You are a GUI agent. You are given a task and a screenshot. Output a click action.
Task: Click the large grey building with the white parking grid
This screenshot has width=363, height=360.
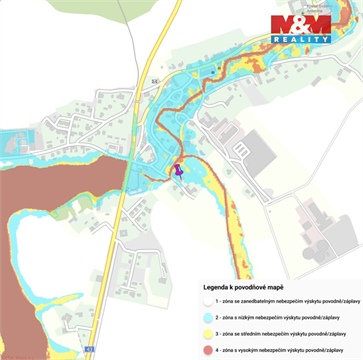pyautogui.click(x=257, y=149)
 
